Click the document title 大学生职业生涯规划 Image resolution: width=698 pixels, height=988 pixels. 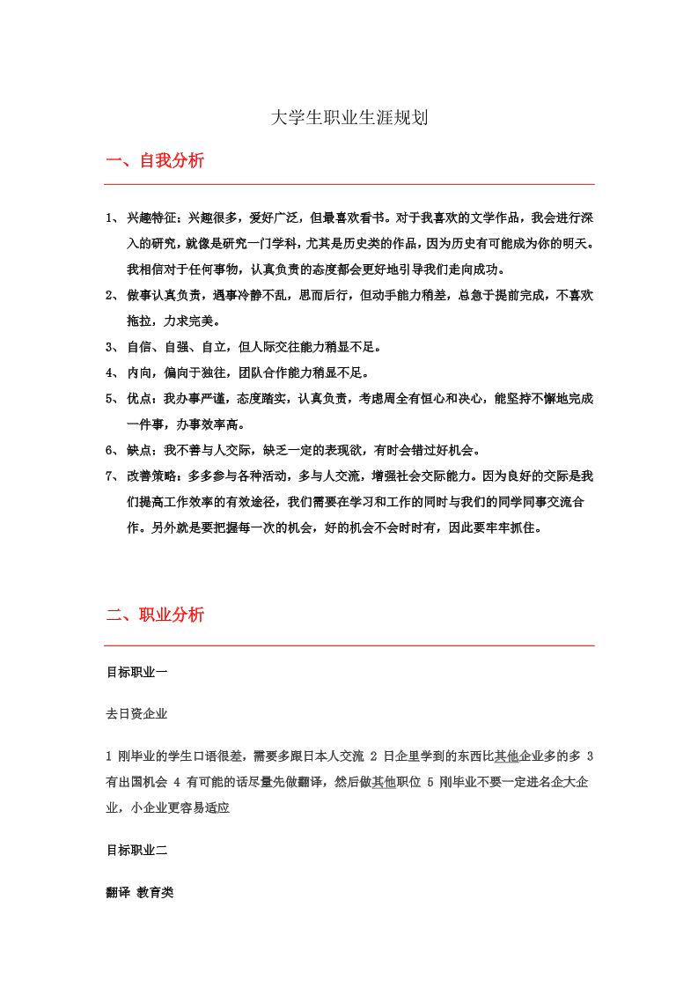point(349,118)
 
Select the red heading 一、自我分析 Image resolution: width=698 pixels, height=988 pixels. point(155,161)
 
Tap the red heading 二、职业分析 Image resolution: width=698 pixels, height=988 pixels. point(155,615)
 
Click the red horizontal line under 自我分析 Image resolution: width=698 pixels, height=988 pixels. point(349,184)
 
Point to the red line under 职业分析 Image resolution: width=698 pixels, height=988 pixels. point(349,645)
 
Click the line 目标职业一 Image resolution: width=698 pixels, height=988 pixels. point(136,672)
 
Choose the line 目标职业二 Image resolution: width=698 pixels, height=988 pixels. point(136,850)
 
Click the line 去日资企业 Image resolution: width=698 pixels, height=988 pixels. point(136,713)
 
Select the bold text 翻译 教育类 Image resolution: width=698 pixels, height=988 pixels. point(139,892)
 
